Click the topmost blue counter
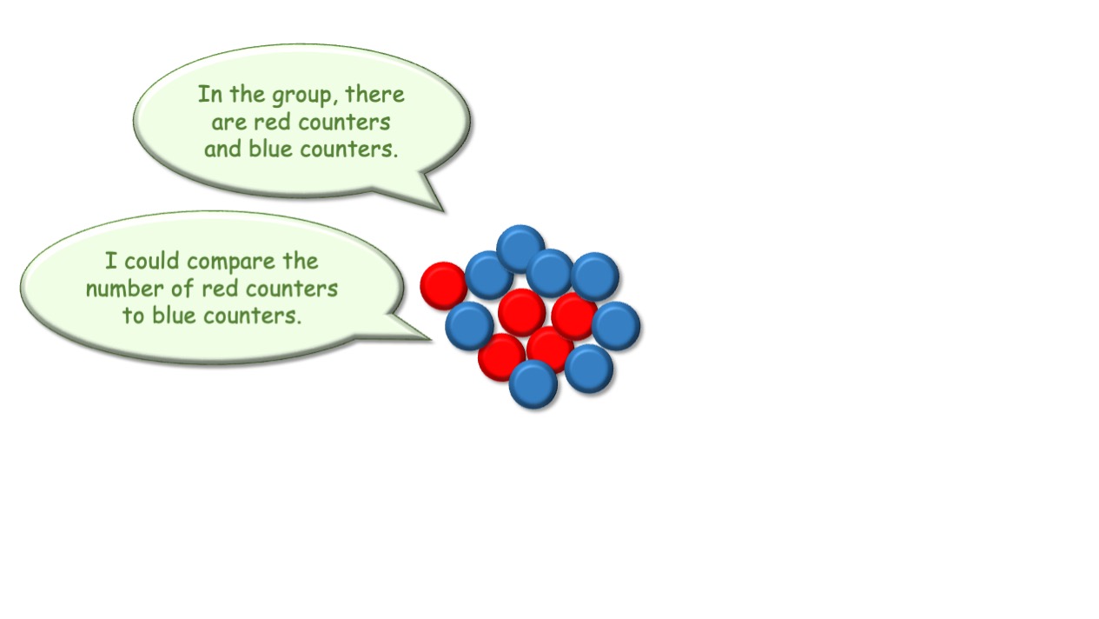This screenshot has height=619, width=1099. pos(520,249)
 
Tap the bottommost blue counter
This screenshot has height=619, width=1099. pos(533,384)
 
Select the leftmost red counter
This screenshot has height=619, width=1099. pos(444,286)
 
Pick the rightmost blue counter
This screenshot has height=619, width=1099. pos(616,326)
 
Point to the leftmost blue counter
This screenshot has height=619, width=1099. pos(469,326)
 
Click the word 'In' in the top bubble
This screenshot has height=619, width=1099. pos(210,94)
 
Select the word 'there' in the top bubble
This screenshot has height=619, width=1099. pos(374,94)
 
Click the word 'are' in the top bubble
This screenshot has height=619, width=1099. pos(228,123)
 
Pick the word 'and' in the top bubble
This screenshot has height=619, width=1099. pos(222,150)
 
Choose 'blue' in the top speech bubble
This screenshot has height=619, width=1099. pos(270,150)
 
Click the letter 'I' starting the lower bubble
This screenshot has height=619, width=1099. pos(111,261)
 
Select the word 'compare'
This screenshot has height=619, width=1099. pos(231,263)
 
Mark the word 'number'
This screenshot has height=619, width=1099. pos(124,289)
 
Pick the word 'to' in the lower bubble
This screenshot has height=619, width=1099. pos(133,316)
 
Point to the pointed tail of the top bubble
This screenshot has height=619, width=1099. pos(444,211)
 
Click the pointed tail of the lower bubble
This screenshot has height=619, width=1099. pos(431,339)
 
